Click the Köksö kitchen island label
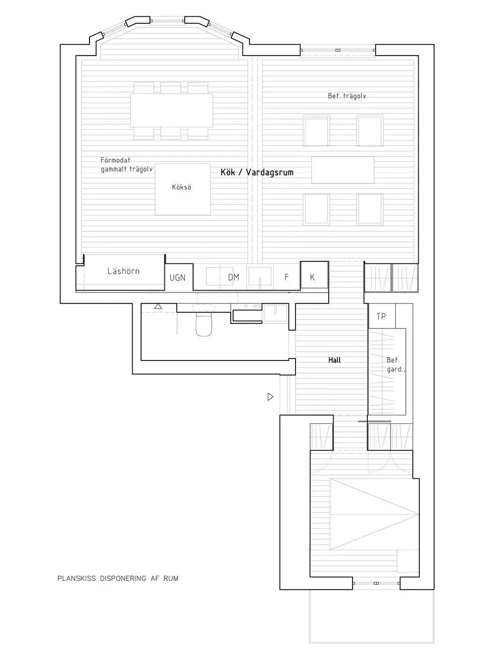tap(181, 188)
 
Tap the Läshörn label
tap(123, 271)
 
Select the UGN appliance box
tap(178, 277)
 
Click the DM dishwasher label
tap(234, 277)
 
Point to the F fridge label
tap(286, 277)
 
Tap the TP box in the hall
tap(381, 316)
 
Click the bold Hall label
tap(335, 360)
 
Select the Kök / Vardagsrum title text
tap(257, 172)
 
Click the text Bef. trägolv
tap(346, 96)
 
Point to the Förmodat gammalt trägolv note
tap(126, 164)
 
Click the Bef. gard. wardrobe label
tap(394, 365)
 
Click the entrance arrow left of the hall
tap(270, 397)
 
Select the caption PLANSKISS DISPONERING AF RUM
tap(118, 578)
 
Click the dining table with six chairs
tap(171, 110)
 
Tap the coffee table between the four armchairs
tap(343, 170)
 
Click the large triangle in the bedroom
tap(366, 513)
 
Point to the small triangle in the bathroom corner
tap(158, 307)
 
